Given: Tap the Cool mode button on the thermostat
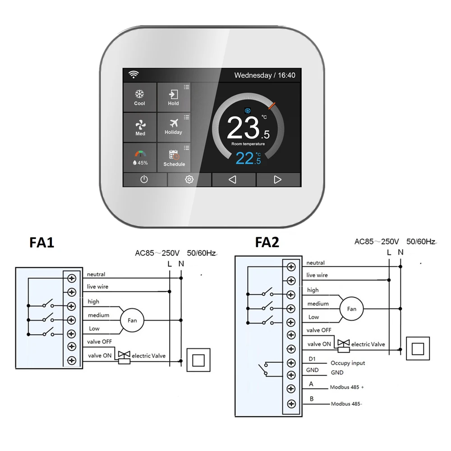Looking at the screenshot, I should click(140, 97).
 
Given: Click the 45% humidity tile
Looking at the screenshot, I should click(140, 157).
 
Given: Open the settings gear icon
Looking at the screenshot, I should click(189, 179).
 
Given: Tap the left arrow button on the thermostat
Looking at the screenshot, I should click(233, 179).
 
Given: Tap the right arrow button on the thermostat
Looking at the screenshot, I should click(277, 179).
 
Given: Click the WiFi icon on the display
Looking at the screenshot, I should click(133, 75).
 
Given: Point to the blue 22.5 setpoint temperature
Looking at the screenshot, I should click(248, 158).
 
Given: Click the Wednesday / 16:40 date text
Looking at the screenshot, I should click(265, 75).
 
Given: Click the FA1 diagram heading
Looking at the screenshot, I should click(41, 243).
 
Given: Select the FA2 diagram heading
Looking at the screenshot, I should click(267, 243).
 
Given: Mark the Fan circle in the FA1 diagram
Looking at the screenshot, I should click(132, 321).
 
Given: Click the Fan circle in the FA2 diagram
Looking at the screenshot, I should click(351, 309).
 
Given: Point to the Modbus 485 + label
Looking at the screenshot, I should click(347, 387).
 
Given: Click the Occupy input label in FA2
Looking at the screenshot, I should click(348, 363).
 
